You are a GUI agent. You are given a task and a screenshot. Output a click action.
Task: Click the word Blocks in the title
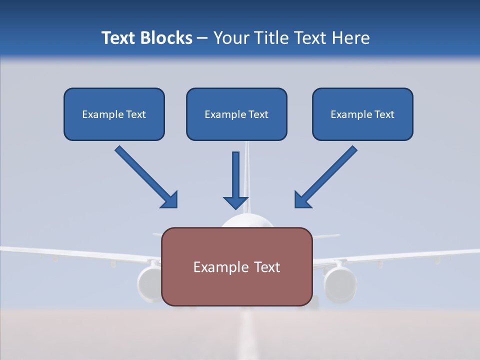pyautogui.click(x=167, y=38)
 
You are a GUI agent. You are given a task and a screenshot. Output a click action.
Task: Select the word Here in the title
pyautogui.click(x=350, y=38)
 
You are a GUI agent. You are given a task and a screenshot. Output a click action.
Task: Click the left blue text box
pyautogui.click(x=114, y=114)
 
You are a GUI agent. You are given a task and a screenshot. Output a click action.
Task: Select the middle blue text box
pyautogui.click(x=236, y=114)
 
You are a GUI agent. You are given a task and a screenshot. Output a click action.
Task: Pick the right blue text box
pyautogui.click(x=362, y=114)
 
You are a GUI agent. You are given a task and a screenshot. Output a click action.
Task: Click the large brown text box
pyautogui.click(x=236, y=266)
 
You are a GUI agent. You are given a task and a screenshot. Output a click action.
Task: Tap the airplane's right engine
pyautogui.click(x=340, y=284)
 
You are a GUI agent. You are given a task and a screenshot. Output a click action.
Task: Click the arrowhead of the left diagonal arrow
pyautogui.click(x=170, y=200)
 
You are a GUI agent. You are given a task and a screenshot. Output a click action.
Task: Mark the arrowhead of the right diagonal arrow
pyautogui.click(x=302, y=200)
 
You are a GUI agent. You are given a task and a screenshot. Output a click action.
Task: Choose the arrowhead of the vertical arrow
pyautogui.click(x=235, y=202)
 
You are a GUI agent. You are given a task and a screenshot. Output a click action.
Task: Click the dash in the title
pyautogui.click(x=202, y=38)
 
